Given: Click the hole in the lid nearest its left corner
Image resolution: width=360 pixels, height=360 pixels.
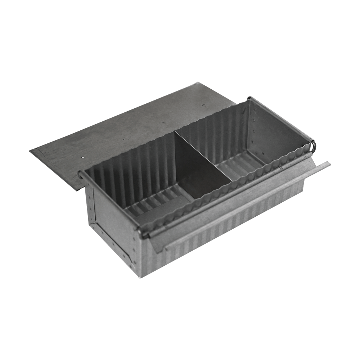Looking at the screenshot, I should pyautogui.click(x=82, y=157).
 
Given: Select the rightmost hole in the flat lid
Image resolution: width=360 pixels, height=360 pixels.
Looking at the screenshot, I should pyautogui.click(x=204, y=105).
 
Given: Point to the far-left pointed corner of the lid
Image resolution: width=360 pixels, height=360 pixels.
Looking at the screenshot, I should pyautogui.click(x=31, y=150).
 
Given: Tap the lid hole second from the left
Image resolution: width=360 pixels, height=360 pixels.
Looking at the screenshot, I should pyautogui.click(x=124, y=139).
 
